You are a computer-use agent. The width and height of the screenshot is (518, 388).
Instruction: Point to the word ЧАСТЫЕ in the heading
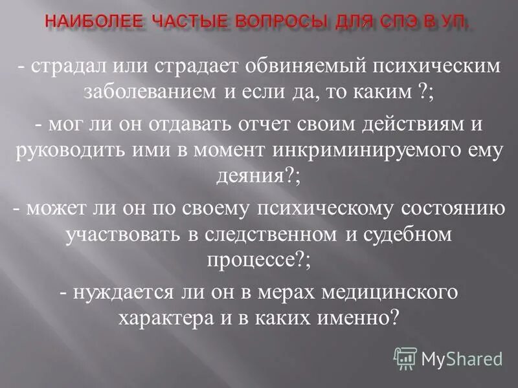click(188, 23)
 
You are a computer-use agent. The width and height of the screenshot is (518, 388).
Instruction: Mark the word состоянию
click(442, 208)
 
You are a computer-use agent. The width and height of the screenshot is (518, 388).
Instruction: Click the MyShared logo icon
click(405, 358)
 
